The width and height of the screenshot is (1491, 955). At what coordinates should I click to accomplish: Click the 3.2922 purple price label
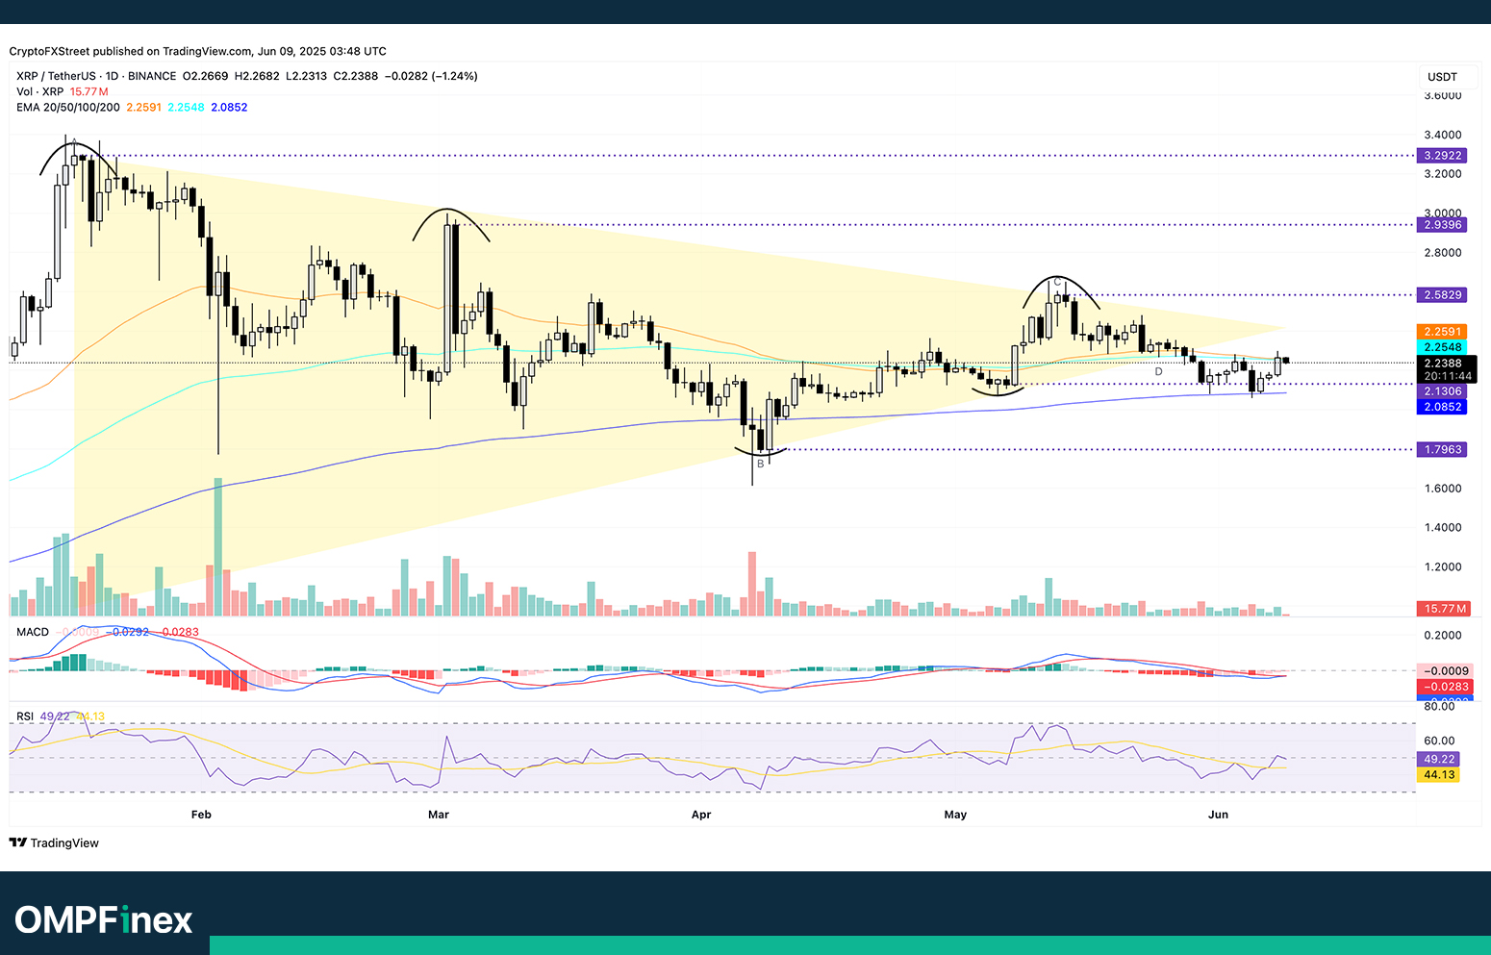(x=1442, y=155)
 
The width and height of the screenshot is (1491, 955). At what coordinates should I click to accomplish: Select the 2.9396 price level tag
(x=1442, y=224)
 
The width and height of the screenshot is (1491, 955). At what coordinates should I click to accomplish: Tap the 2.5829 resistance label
(x=1442, y=294)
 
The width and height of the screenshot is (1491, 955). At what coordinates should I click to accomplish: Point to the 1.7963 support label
(x=1442, y=449)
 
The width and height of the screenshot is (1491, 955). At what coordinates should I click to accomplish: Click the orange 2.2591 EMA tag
(x=1442, y=331)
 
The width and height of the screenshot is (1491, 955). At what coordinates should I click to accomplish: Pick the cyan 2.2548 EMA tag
(x=1442, y=347)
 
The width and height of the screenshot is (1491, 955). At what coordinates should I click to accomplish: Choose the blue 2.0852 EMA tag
(x=1442, y=407)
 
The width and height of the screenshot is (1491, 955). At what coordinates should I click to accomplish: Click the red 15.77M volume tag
(x=1445, y=608)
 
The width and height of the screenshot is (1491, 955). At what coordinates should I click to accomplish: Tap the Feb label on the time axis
(x=201, y=815)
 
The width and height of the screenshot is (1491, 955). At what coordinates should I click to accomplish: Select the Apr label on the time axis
(x=701, y=815)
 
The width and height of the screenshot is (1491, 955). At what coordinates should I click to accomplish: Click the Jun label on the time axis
(x=1218, y=815)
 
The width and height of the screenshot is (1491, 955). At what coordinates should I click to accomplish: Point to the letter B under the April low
(x=760, y=464)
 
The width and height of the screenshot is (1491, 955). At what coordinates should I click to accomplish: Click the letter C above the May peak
(x=1057, y=282)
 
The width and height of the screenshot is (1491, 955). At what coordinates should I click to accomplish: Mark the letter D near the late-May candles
(x=1158, y=371)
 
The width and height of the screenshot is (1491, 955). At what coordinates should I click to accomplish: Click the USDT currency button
(x=1442, y=77)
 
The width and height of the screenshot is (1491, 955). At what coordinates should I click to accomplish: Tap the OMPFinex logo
(x=104, y=919)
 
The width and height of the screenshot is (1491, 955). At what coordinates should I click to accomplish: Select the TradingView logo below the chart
(x=55, y=842)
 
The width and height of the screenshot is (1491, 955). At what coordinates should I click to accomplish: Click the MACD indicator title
(x=33, y=632)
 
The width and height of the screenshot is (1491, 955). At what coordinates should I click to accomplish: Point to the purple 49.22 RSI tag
(x=1439, y=759)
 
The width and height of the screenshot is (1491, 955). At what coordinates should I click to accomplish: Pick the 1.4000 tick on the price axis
(x=1442, y=527)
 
